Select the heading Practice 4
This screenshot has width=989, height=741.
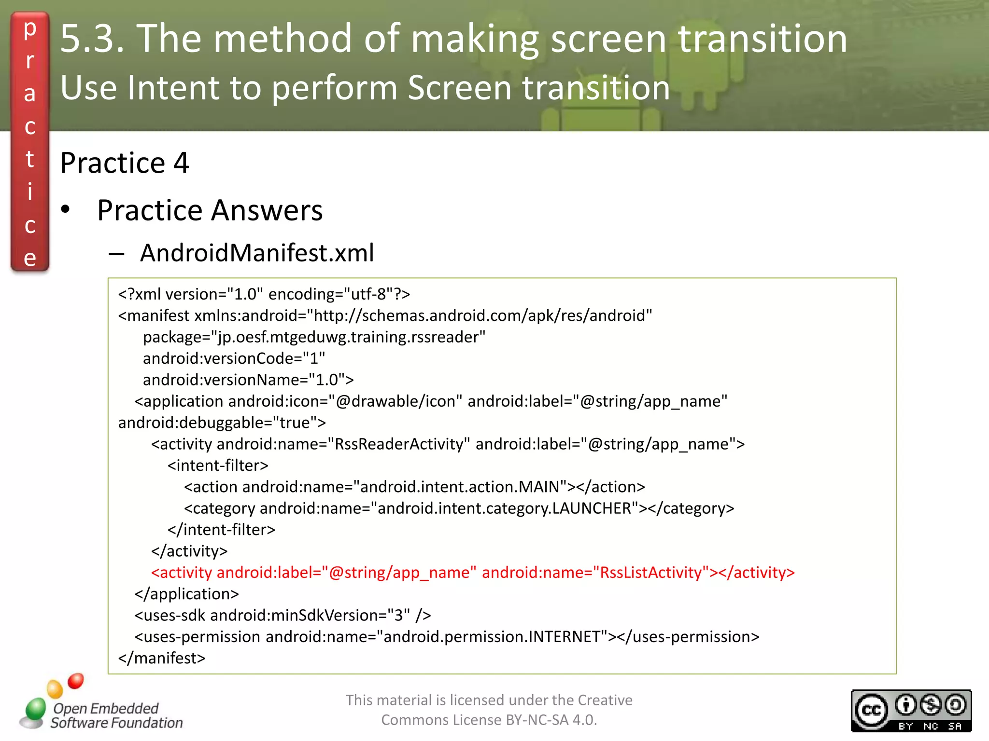[124, 163]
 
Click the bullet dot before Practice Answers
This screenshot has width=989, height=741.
[66, 210]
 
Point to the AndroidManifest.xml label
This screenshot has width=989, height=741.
[257, 253]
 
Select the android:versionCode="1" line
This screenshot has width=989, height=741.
[234, 358]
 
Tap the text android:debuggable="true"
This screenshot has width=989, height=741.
[222, 423]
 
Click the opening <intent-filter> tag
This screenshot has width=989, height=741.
[218, 466]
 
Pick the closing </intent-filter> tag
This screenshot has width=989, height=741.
[221, 530]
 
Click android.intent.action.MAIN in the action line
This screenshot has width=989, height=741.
[460, 487]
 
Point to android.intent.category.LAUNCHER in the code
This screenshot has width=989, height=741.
[504, 508]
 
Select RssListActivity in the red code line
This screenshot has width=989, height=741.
[650, 573]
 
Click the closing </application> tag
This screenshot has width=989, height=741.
[187, 594]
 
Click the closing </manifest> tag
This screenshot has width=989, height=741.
[162, 658]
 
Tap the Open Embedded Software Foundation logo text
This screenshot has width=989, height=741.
[116, 715]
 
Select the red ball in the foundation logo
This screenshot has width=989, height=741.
[76, 681]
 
